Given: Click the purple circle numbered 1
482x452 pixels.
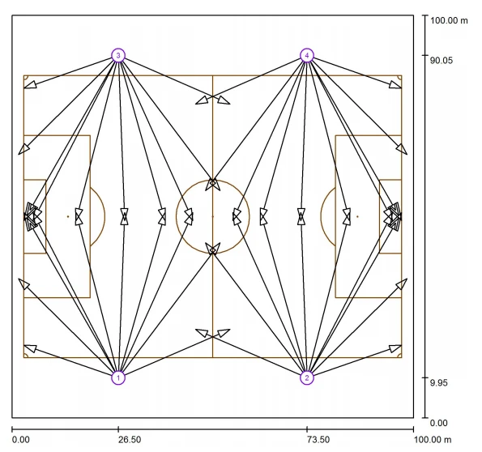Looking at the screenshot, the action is point(118,377).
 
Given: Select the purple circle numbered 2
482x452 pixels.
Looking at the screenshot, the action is point(307,377).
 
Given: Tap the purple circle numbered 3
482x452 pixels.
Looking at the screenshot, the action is point(118,56).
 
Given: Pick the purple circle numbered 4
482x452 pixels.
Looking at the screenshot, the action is point(307,56).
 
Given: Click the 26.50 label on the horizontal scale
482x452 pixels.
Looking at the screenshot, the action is point(130,440).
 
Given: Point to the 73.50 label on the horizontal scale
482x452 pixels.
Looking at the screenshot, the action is point(318,440).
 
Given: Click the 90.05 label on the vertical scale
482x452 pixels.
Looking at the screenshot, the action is point(441,61).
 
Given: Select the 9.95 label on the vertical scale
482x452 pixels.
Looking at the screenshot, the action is point(438,383).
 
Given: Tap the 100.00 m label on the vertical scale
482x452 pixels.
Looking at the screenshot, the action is point(449,20).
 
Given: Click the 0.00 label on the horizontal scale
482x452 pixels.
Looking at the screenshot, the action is point(21,440).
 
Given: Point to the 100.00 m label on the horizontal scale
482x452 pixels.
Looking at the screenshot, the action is point(433,440).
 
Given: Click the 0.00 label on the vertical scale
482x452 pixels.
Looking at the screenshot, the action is point(438,423).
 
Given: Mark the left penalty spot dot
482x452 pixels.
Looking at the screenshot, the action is point(68,216).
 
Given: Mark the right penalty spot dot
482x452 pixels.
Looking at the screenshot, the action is point(357,216).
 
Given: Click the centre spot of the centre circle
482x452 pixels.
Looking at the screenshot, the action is point(213,216).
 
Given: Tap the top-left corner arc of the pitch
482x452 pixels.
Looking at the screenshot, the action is point(27,78).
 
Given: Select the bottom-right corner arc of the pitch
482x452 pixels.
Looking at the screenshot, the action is point(399,355).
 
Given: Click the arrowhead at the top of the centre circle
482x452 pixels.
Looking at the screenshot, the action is point(213,184).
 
